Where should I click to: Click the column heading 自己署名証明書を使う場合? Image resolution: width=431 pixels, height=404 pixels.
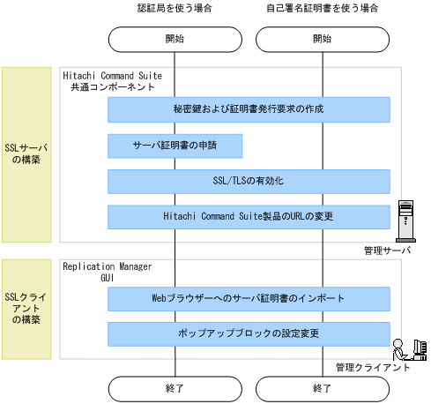pos(323,9)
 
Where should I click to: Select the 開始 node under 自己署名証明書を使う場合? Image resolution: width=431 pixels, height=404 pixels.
pos(323,40)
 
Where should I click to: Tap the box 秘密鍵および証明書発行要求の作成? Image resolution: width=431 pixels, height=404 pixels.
pos(249,109)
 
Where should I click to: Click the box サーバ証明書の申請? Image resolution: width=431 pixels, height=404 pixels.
pos(175,146)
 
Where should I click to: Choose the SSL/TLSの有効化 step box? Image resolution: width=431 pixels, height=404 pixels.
pos(249,181)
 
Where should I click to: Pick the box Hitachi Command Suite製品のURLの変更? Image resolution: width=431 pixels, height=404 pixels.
pos(249,217)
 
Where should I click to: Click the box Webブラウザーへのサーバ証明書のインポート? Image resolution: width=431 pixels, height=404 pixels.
pos(249,299)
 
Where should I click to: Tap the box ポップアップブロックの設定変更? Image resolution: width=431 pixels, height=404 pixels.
pos(249,334)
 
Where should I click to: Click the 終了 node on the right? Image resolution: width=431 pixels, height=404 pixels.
pos(323,387)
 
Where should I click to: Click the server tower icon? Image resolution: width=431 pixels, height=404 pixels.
pos(405,220)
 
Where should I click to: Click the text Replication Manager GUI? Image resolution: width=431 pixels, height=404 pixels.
pos(107,271)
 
